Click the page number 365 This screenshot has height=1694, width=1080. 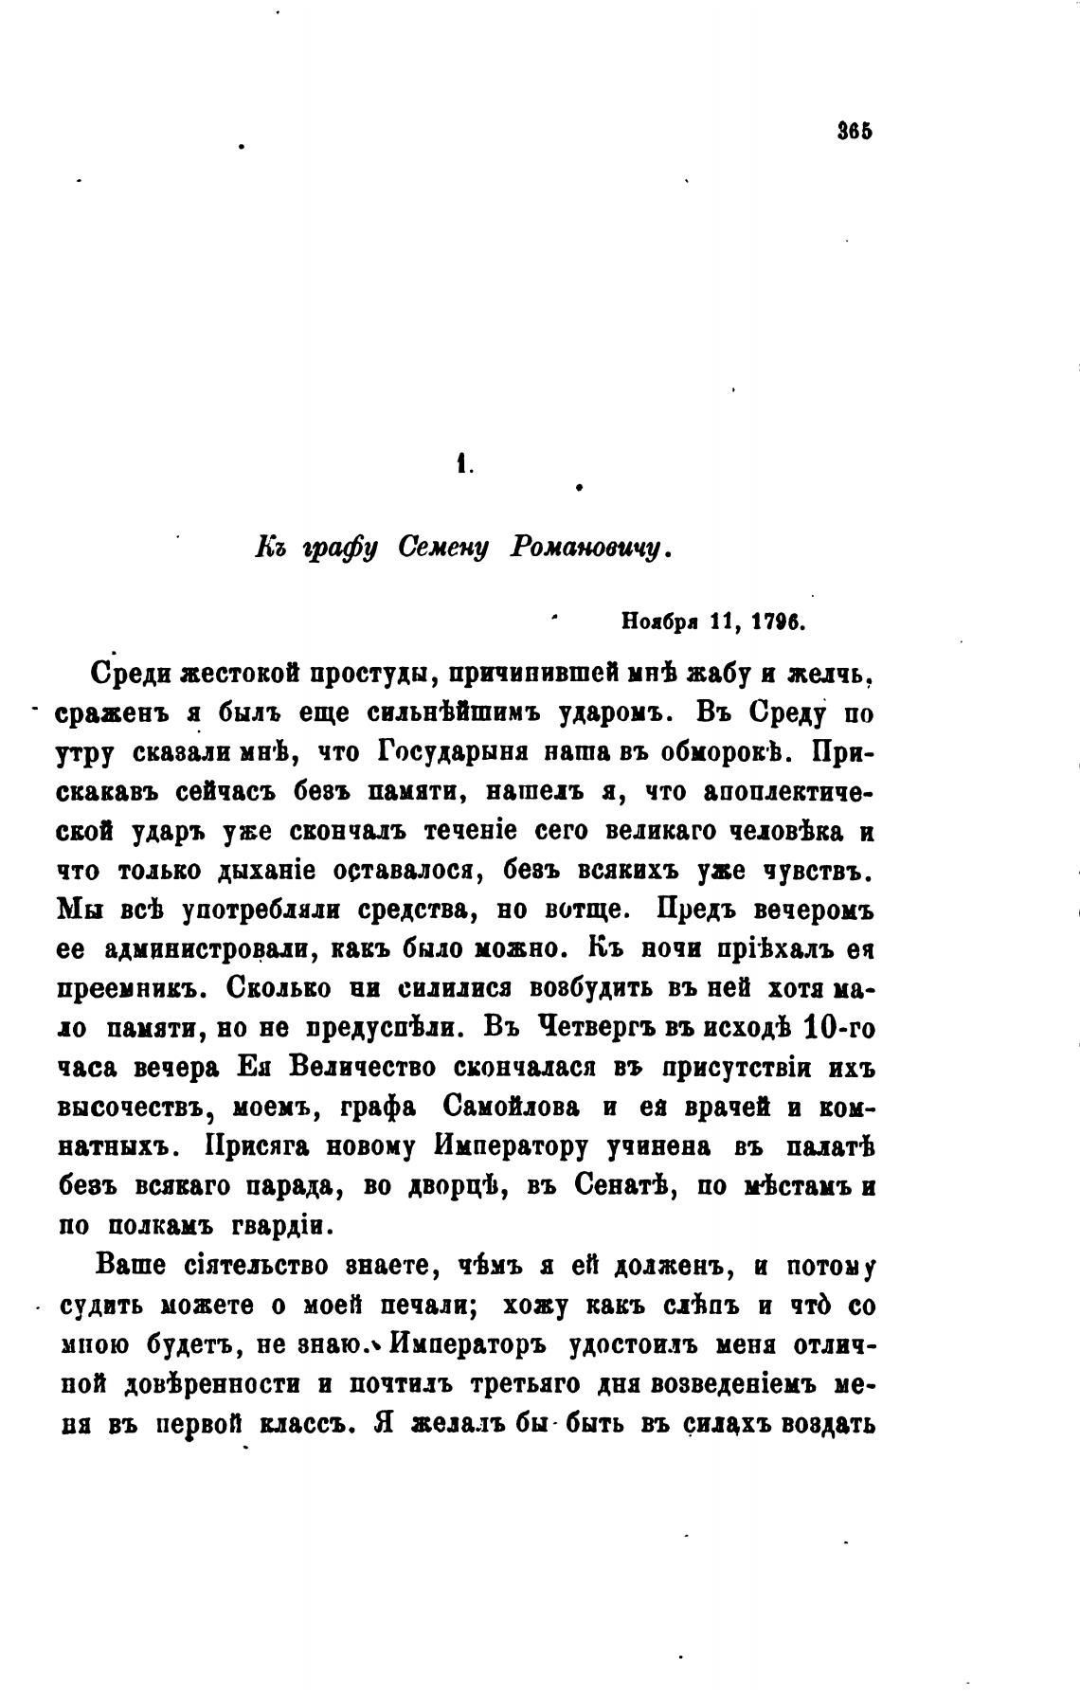[x=855, y=132]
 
